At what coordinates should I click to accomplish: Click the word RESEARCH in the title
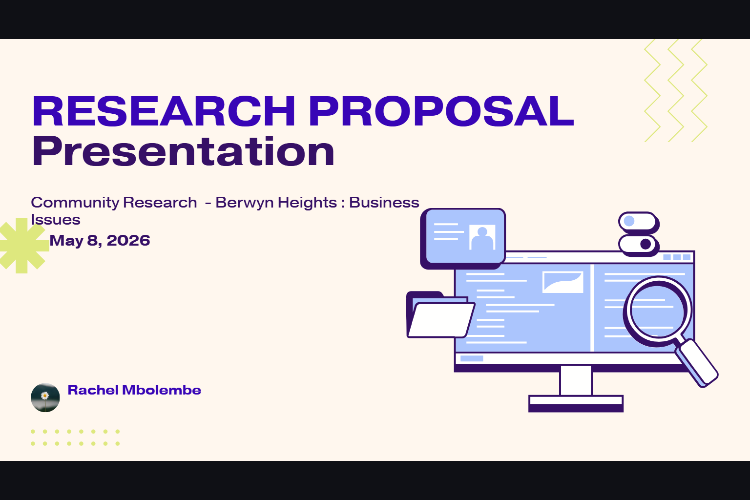[164, 111]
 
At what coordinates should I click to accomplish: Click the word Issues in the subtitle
[56, 220]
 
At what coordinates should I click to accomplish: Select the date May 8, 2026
[100, 240]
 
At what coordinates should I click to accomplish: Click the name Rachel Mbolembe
[134, 390]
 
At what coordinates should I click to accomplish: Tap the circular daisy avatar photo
[45, 397]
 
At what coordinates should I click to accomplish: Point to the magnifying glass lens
[657, 311]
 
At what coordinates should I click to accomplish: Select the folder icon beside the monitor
[440, 315]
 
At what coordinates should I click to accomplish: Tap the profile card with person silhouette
[463, 238]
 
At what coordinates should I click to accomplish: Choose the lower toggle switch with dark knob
[638, 245]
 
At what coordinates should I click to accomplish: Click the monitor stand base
[576, 403]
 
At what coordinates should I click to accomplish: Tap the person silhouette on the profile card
[482, 238]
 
